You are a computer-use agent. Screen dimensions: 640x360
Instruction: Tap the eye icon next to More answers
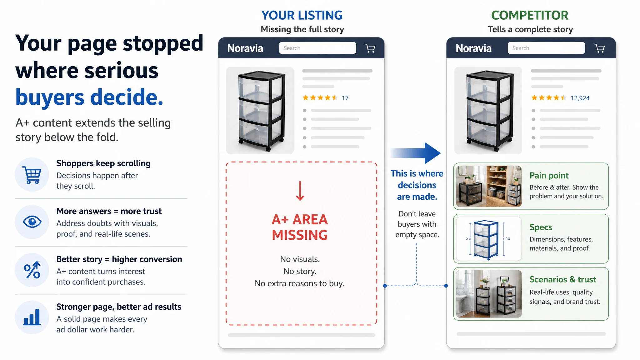pos(32,222)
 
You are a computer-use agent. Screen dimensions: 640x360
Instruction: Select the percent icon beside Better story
pos(32,270)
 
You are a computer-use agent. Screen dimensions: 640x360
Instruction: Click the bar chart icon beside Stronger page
pos(32,317)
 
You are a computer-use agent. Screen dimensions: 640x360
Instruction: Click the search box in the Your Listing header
pos(317,48)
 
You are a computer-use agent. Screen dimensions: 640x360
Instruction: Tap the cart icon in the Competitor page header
pos(599,48)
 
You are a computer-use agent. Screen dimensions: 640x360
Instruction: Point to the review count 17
pos(345,98)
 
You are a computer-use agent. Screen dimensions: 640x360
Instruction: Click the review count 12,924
pos(580,98)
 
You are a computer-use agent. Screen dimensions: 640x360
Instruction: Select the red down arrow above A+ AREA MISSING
pos(300,191)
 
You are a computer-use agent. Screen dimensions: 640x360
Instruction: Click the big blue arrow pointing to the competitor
pos(416,153)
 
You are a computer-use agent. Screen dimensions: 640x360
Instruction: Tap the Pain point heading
pos(549,176)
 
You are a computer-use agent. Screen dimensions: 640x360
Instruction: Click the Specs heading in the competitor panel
pos(541,227)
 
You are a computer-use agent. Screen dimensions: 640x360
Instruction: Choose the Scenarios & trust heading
pos(563,279)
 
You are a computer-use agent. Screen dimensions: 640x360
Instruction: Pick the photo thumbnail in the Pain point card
pos(489,186)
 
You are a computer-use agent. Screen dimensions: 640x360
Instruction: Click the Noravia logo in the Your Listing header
pos(245,48)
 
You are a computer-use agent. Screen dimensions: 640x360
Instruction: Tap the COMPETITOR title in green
pos(530,15)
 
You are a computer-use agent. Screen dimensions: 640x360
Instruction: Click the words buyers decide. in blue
pos(89,97)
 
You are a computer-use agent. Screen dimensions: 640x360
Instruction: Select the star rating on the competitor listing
pos(549,98)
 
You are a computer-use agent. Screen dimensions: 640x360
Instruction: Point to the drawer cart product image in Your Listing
pos(260,111)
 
